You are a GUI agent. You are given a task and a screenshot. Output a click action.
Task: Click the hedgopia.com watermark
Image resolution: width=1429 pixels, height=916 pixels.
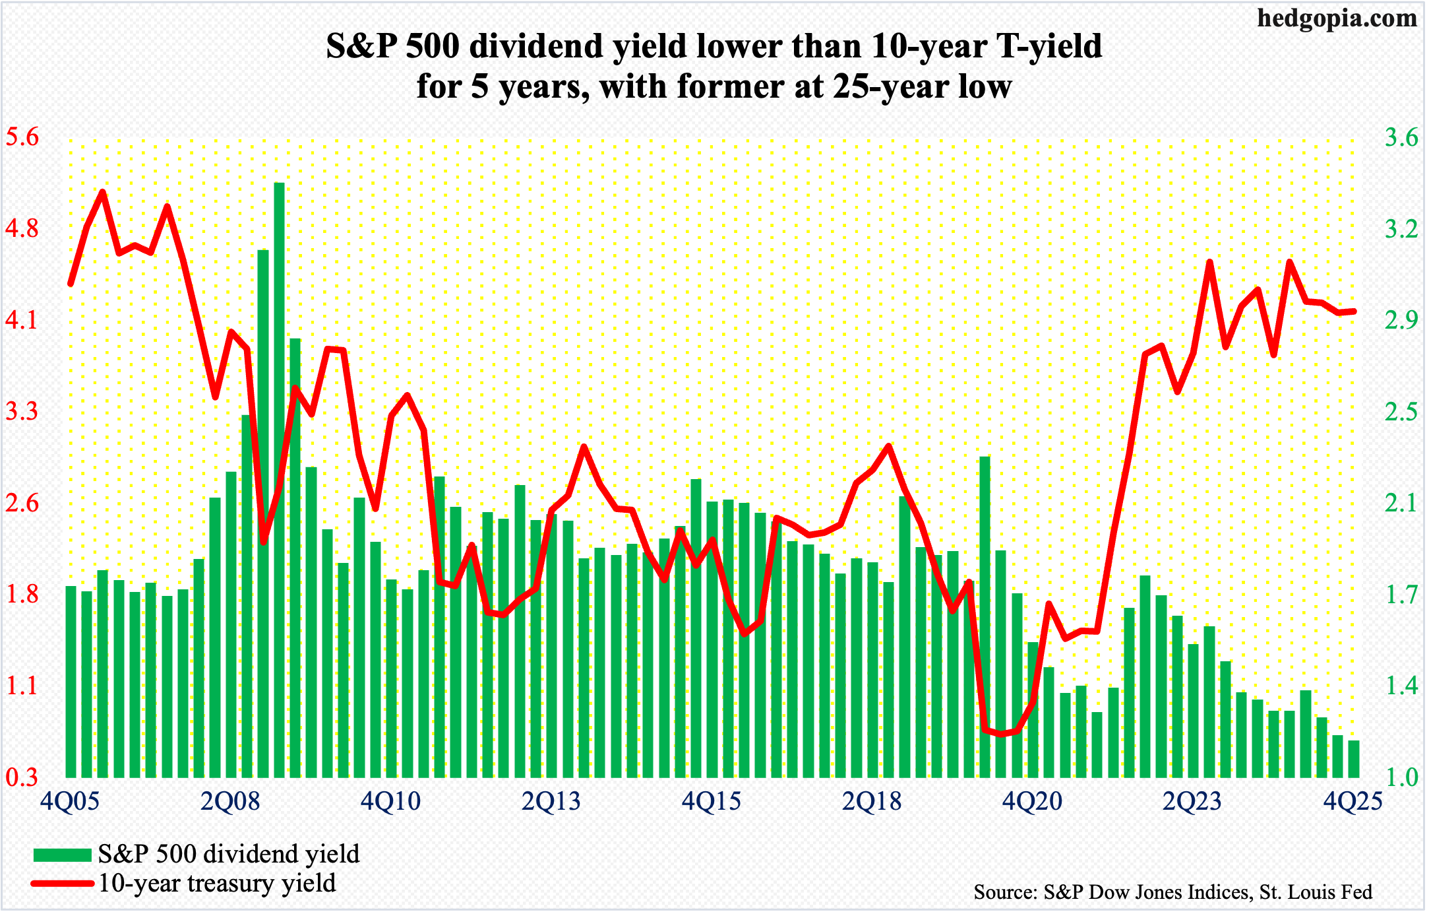[x=1337, y=18]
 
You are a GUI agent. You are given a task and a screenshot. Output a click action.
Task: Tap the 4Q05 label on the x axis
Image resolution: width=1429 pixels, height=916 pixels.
[x=70, y=801]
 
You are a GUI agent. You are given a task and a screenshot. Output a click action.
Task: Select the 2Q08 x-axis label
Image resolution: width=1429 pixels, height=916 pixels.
[x=230, y=801]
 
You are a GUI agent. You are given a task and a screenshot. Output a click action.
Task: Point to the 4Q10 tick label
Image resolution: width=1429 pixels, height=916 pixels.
[x=390, y=801]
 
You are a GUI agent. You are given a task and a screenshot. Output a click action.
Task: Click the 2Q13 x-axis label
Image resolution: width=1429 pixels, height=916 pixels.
[x=551, y=801]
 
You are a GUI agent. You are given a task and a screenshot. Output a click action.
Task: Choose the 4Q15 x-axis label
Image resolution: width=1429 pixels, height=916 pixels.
[x=712, y=801]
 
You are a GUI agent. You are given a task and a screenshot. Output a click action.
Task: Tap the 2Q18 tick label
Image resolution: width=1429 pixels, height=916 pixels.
[x=872, y=801]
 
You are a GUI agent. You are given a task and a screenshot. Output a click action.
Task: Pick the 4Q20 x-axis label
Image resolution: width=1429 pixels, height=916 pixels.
[x=1032, y=801]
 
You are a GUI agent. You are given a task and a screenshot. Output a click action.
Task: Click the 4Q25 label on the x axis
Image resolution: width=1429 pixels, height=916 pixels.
[x=1353, y=801]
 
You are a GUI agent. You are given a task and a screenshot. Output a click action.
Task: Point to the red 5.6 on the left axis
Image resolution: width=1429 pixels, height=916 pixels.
[x=22, y=138]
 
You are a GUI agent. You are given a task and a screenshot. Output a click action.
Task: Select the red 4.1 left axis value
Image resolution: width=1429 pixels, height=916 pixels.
[x=22, y=321]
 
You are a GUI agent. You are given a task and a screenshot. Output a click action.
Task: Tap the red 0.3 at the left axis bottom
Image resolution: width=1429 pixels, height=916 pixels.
[x=22, y=777]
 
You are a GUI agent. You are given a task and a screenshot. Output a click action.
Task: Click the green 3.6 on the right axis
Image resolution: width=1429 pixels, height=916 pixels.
[x=1401, y=138]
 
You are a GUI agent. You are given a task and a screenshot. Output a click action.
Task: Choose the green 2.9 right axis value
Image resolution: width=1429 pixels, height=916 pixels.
[x=1401, y=321]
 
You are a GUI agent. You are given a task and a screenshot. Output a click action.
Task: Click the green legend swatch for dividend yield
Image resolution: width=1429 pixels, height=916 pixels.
[x=62, y=855]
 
